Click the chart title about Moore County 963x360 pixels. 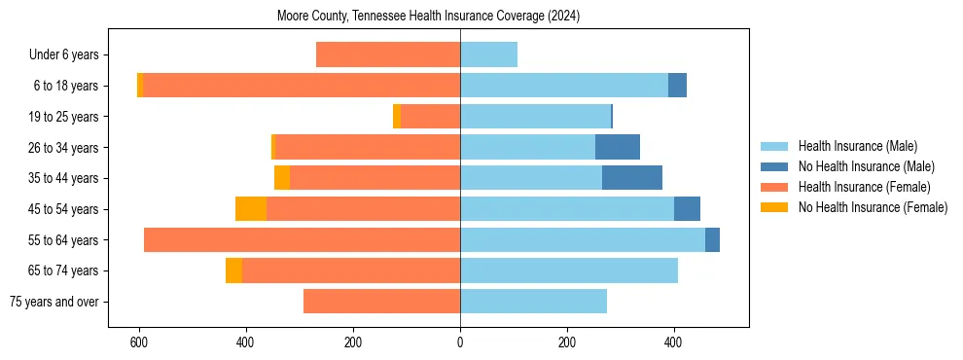[x=428, y=16]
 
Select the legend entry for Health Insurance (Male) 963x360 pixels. [x=856, y=146]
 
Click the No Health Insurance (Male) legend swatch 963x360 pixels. [x=774, y=166]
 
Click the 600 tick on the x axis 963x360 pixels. [x=139, y=342]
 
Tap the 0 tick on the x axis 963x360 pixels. [x=460, y=342]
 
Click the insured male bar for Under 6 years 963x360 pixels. [x=488, y=55]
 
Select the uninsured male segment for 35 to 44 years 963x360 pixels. [x=632, y=178]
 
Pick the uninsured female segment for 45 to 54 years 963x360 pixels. [x=251, y=209]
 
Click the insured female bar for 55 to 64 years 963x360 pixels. [x=302, y=240]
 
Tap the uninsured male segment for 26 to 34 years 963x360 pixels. [x=618, y=147]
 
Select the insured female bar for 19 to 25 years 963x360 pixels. [x=430, y=117]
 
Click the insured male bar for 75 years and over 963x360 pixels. [x=533, y=302]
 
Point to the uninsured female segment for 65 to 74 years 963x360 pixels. [x=233, y=270]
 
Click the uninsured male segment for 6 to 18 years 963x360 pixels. [x=677, y=86]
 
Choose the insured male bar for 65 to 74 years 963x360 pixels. [x=569, y=270]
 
